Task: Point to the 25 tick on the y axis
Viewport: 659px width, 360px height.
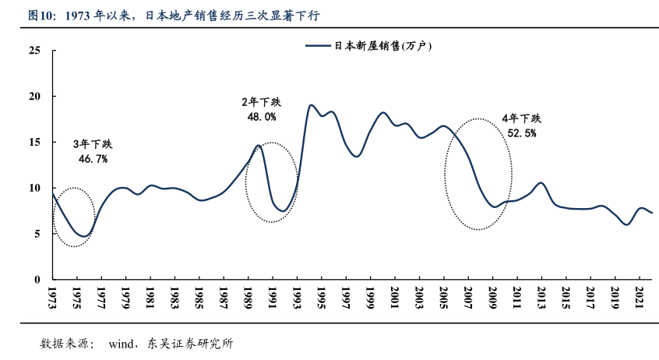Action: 34,51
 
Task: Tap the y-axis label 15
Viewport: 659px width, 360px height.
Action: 34,142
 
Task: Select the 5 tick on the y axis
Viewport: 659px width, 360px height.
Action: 37,234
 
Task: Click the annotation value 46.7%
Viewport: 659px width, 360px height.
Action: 93,158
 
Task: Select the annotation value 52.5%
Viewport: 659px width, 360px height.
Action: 521,132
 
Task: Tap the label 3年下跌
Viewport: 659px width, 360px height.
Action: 93,144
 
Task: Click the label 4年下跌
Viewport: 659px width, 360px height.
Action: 521,118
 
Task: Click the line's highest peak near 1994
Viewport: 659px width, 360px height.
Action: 311,105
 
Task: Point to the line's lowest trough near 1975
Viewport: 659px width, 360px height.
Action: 83,236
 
